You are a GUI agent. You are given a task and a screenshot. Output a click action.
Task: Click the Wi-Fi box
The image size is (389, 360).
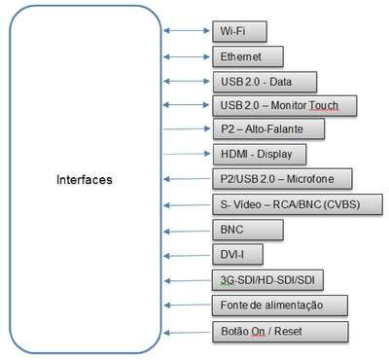(239, 31)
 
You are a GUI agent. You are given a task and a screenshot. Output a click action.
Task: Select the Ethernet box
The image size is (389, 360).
(248, 56)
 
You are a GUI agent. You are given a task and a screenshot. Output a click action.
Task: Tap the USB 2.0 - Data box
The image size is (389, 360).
(265, 82)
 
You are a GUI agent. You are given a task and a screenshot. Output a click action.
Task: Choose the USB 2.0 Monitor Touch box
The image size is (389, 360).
(285, 105)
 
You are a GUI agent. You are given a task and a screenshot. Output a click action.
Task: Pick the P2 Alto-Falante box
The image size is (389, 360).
(268, 129)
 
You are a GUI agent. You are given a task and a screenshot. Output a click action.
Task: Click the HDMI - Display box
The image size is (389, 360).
(260, 154)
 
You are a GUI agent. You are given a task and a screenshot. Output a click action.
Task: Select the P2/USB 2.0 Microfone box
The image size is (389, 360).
(282, 179)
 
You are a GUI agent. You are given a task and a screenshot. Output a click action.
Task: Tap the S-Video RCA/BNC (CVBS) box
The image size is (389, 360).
(298, 204)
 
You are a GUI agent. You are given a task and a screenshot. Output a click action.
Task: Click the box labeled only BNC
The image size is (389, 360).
(248, 230)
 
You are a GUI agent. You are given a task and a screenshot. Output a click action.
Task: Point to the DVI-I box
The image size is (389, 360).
(237, 254)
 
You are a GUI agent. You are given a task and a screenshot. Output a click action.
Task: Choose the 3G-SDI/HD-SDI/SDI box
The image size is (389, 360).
(267, 280)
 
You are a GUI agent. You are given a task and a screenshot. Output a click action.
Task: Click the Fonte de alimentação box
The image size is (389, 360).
(280, 306)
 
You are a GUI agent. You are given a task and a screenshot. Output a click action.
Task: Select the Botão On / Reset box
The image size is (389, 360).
(280, 332)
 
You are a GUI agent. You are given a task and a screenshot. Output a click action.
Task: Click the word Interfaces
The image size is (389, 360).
(85, 180)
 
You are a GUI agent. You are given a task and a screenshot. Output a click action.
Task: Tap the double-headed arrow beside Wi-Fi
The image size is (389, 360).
(187, 30)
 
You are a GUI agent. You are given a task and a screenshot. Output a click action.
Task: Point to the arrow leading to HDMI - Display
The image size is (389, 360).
(187, 154)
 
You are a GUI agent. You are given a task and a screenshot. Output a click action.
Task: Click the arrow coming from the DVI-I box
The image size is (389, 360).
(187, 256)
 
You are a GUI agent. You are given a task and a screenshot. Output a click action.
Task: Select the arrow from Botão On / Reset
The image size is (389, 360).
(187, 333)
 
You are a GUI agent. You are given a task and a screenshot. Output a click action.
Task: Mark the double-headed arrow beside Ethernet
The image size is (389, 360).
(187, 56)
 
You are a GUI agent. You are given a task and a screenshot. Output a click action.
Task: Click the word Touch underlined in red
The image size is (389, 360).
(323, 105)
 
